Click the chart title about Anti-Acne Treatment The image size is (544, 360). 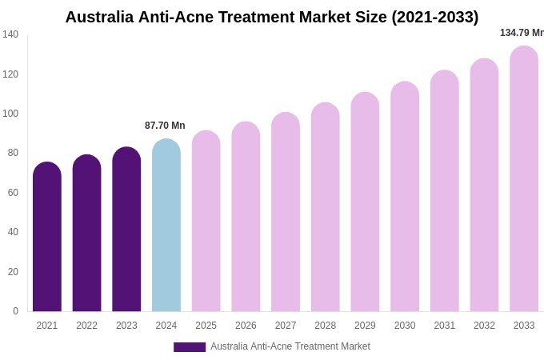[x=272, y=17]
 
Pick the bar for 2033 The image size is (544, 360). [x=524, y=179]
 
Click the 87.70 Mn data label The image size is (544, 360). [x=165, y=126]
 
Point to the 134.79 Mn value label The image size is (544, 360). [x=521, y=33]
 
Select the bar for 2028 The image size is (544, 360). [x=326, y=207]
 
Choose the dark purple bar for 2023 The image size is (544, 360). [x=126, y=230]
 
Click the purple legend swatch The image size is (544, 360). [x=190, y=347]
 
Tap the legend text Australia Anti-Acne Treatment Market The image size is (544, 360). [x=290, y=346]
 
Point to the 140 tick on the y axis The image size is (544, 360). [x=10, y=34]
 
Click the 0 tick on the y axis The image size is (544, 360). [x=15, y=311]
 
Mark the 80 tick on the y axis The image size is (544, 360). [x=13, y=153]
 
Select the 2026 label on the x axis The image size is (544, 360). [x=246, y=326]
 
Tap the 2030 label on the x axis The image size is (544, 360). [x=405, y=326]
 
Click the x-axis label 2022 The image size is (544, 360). [x=87, y=326]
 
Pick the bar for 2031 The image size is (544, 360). [x=445, y=191]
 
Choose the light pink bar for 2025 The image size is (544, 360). [x=206, y=222]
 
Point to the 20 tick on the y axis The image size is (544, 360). [x=13, y=272]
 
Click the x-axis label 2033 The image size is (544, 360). [x=524, y=326]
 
